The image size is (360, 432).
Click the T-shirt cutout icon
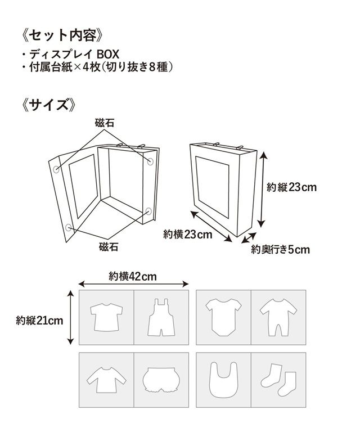coord(106,317)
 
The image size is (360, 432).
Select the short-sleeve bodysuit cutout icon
coord(223,316)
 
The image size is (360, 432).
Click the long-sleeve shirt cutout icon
coord(106,379)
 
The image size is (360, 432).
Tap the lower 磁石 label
coord(108,246)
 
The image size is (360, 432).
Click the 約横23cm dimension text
coord(187,234)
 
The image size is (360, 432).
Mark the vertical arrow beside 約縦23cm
coord(262,191)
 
